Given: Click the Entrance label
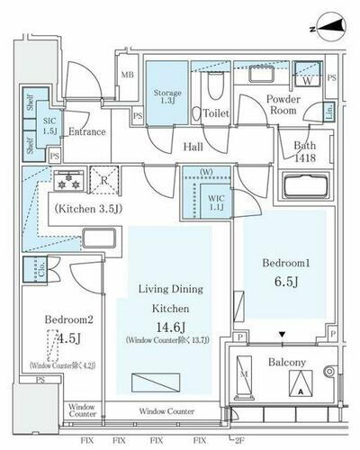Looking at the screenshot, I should click(87, 132).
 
